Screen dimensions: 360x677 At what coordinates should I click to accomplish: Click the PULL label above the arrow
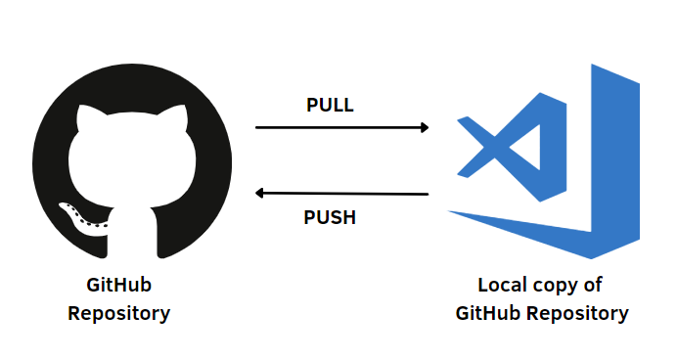click(330, 106)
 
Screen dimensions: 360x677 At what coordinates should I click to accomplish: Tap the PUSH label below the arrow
click(330, 217)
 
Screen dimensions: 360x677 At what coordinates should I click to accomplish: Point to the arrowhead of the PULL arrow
click(425, 127)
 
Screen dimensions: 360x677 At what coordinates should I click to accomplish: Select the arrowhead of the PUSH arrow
click(261, 193)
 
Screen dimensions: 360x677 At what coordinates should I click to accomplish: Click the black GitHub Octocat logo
click(132, 161)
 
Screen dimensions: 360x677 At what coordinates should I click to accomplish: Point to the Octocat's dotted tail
click(82, 217)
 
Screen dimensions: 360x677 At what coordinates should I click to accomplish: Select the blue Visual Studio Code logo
click(544, 161)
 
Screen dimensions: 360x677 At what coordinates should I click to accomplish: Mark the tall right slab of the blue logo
click(615, 161)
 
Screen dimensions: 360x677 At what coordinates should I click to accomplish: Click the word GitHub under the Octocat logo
click(118, 286)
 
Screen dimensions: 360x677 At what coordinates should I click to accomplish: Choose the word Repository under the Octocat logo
click(118, 314)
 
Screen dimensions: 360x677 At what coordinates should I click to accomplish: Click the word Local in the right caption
click(503, 286)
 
